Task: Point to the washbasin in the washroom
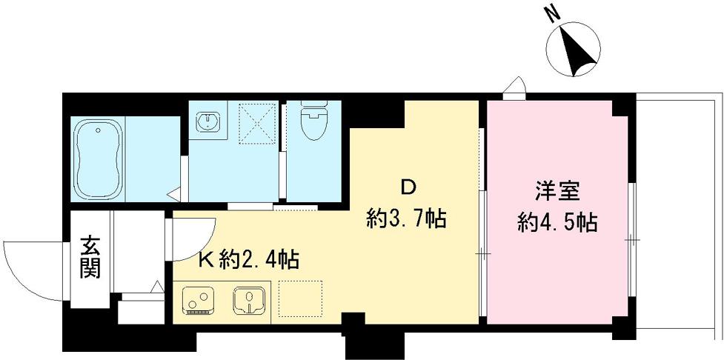207,120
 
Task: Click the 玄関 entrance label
90,256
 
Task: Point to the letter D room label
407,184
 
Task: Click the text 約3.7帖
407,218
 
